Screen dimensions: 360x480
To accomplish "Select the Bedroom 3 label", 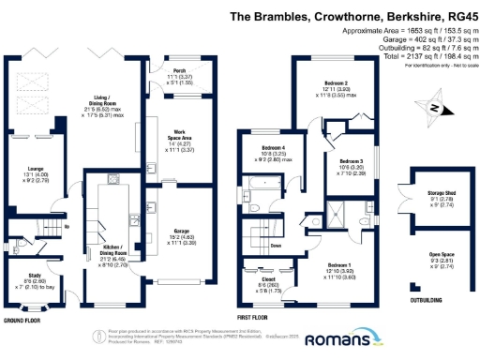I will point(351,160).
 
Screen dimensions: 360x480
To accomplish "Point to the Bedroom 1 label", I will point(336,265).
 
